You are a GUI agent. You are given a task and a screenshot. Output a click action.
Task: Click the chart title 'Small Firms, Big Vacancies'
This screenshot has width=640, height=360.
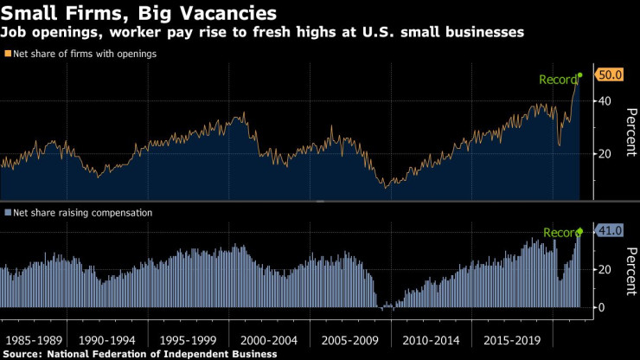(139, 14)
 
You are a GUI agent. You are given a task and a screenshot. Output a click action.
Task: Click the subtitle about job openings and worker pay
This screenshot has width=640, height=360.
(267, 33)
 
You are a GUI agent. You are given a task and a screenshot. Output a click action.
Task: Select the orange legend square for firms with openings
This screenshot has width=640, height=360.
(7, 54)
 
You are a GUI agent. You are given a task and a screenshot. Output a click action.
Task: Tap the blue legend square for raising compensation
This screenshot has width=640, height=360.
(7, 212)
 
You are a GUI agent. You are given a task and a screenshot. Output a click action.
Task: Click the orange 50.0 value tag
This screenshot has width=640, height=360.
(611, 75)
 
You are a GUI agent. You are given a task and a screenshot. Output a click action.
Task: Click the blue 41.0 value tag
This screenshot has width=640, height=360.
(611, 230)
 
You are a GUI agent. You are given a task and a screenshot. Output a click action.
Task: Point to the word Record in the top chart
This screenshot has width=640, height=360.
(558, 80)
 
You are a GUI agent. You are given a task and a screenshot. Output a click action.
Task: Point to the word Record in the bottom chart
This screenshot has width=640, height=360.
(560, 233)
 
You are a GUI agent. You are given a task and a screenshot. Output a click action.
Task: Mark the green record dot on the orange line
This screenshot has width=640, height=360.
(579, 75)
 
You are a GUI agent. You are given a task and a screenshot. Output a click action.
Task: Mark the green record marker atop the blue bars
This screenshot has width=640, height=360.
(579, 230)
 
